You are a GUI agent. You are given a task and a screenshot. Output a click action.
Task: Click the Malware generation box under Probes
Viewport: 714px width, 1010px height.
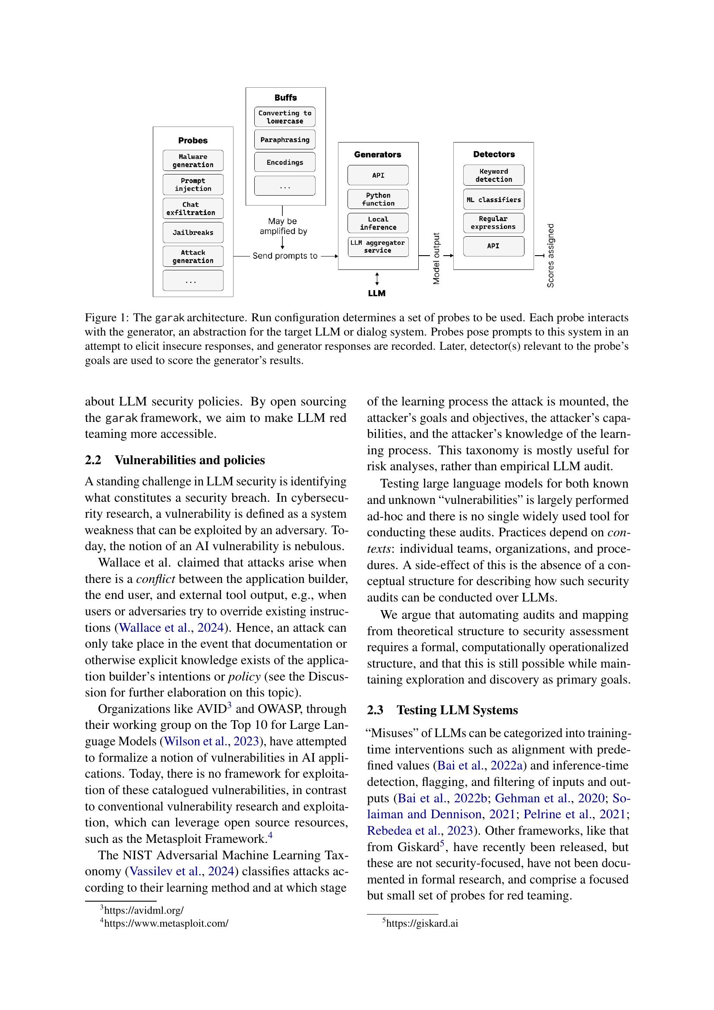[x=193, y=161]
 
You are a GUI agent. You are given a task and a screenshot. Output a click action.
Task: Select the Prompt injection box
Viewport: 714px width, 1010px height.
[x=193, y=184]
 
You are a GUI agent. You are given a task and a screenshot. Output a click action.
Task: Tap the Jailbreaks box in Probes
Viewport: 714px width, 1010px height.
[x=193, y=232]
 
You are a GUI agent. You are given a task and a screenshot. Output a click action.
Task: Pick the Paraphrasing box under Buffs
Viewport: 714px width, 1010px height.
[x=284, y=139]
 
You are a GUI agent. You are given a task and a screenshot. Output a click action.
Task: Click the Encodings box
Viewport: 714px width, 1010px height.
[x=284, y=162]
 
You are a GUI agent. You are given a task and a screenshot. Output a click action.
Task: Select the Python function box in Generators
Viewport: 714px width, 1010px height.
[x=378, y=199]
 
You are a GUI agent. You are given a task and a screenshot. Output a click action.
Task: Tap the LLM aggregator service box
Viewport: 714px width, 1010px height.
[x=378, y=246]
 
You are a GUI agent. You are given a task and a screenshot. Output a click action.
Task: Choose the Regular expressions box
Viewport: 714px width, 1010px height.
[x=493, y=222]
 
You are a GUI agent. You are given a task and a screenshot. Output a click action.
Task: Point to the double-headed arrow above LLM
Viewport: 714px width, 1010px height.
[x=377, y=279]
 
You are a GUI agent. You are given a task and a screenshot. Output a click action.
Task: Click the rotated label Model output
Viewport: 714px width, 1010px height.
[x=436, y=259]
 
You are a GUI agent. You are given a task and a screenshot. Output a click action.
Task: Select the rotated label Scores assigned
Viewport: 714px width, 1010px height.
[x=550, y=256]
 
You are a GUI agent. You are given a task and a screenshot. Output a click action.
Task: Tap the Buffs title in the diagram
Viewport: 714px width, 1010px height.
[x=285, y=98]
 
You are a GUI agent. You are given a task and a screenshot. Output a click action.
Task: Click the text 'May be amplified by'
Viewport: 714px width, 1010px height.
[x=283, y=226]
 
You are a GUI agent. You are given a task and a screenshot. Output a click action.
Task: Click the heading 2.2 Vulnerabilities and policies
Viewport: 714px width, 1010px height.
[x=174, y=460]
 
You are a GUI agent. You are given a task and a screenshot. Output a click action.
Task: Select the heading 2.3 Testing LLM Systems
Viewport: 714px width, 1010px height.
[x=442, y=710]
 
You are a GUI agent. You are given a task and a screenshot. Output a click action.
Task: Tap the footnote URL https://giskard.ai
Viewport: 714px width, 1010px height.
[x=422, y=923]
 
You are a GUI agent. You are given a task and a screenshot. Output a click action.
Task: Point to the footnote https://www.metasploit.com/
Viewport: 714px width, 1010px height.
[x=166, y=923]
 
